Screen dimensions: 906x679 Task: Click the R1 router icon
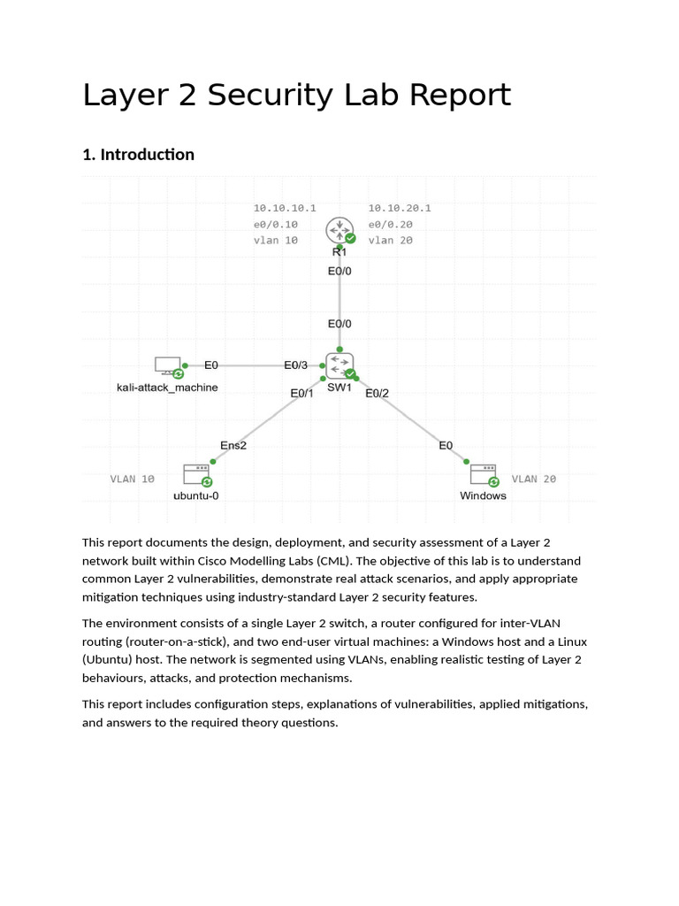click(x=338, y=230)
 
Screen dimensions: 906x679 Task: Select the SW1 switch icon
click(x=339, y=364)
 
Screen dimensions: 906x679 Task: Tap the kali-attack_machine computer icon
click(x=165, y=365)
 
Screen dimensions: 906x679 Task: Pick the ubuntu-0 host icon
click(x=195, y=474)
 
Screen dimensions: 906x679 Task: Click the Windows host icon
click(x=483, y=474)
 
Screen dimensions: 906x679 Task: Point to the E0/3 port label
click(x=296, y=365)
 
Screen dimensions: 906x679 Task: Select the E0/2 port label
click(x=378, y=393)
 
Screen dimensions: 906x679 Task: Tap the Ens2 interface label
click(x=233, y=445)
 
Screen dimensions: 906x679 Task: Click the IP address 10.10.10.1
click(x=285, y=208)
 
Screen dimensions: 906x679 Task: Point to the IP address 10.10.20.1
click(x=400, y=208)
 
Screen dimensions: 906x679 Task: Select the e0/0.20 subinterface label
click(x=391, y=224)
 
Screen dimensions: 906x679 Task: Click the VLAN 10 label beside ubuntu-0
click(x=133, y=479)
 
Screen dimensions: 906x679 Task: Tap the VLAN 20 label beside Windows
click(x=534, y=479)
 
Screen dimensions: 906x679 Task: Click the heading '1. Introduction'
click(x=138, y=155)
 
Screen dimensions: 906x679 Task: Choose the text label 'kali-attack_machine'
click(x=167, y=388)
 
